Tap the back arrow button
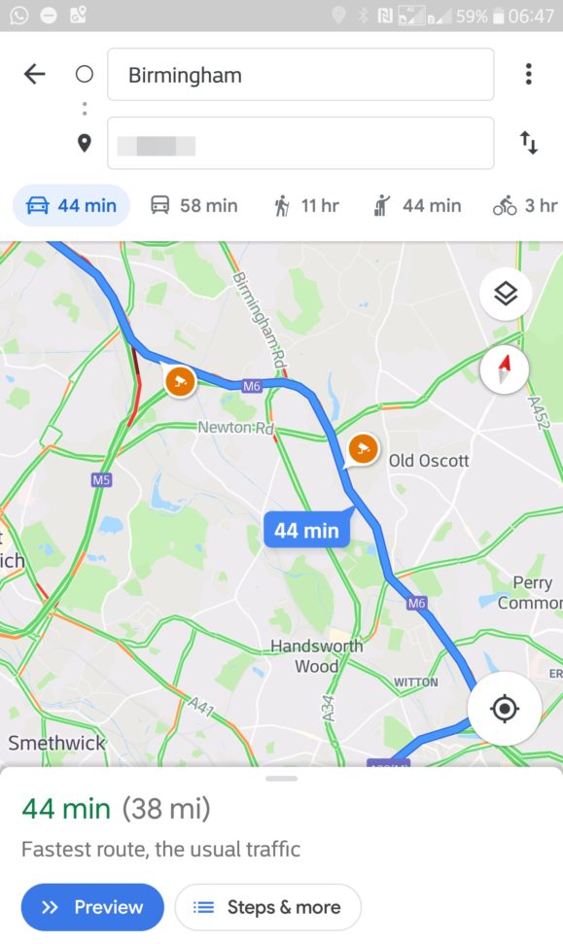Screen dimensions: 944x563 (x=35, y=75)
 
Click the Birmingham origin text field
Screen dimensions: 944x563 (x=300, y=75)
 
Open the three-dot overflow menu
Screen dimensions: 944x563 (x=528, y=75)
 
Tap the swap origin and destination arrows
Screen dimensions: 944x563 (x=528, y=144)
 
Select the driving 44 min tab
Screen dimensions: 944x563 (x=71, y=205)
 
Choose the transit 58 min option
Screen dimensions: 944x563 (x=194, y=205)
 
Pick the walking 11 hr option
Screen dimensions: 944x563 (x=306, y=205)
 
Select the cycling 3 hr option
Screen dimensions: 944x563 (x=525, y=205)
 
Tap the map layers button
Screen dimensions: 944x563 (x=506, y=294)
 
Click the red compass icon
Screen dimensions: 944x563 (x=505, y=369)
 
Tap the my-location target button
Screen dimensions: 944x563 (x=504, y=709)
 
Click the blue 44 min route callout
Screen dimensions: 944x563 (x=306, y=530)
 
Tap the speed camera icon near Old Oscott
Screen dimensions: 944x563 (x=363, y=449)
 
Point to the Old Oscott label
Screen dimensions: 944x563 (x=429, y=461)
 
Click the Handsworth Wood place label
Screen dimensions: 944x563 (x=317, y=656)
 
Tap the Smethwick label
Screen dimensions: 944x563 (x=56, y=743)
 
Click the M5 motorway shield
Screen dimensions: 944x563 (x=101, y=479)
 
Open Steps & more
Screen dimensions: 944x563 (x=267, y=907)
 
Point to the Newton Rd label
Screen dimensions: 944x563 (x=235, y=428)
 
